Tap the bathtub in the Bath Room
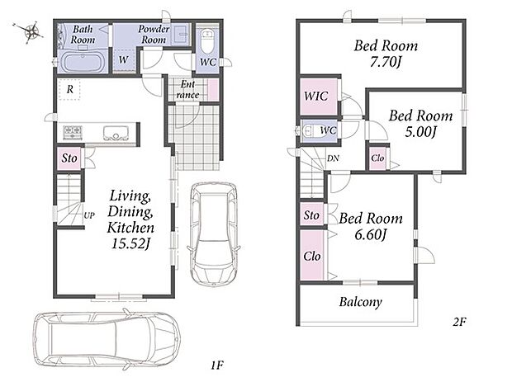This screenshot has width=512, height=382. (83, 62)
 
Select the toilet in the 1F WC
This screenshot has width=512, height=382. (207, 40)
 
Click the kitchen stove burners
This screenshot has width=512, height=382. (73, 132)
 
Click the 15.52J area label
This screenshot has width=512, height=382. (130, 243)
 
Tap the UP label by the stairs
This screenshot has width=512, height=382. (89, 215)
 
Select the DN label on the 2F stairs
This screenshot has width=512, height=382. (333, 158)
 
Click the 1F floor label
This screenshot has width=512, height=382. (217, 365)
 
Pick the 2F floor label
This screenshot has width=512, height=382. (459, 322)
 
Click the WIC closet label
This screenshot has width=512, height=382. (315, 96)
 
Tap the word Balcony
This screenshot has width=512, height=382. (361, 302)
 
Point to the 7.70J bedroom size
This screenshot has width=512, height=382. (386, 62)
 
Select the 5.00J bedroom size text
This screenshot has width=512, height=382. (420, 131)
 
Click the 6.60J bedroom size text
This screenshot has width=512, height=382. (371, 234)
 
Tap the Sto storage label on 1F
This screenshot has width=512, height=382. (69, 158)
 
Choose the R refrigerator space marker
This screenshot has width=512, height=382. (70, 89)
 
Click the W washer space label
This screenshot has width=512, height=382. (123, 59)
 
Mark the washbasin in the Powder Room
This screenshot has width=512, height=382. (180, 33)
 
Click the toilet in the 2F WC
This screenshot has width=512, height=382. (309, 130)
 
